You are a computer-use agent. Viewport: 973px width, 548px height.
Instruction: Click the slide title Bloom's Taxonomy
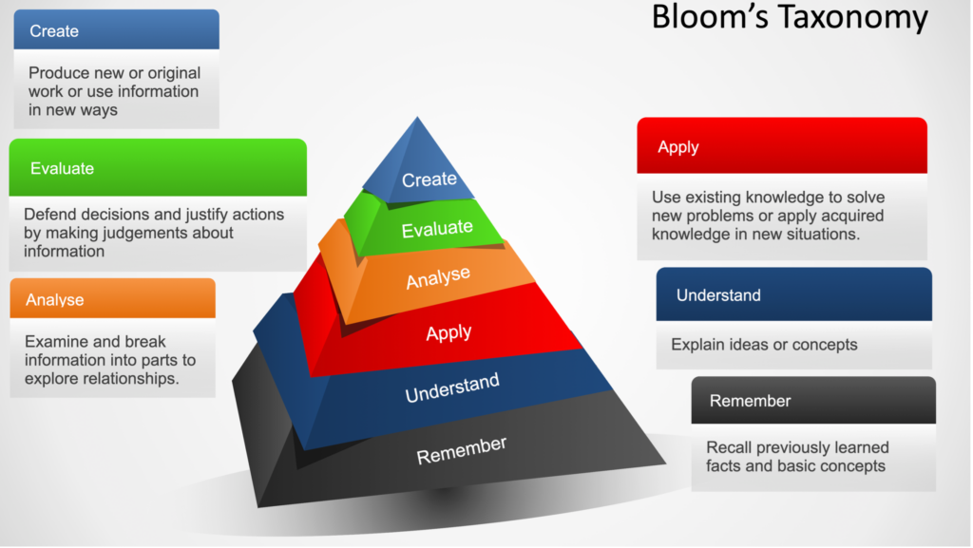[790, 17]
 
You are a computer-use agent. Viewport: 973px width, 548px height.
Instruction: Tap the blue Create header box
[117, 29]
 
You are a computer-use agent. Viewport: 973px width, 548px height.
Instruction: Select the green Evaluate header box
[158, 167]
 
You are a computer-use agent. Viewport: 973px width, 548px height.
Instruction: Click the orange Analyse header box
[112, 298]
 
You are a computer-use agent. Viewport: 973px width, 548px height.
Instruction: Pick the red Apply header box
[782, 145]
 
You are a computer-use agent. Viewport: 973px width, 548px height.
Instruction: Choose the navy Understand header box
[793, 294]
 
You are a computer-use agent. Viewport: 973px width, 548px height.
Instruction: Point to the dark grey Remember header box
[813, 401]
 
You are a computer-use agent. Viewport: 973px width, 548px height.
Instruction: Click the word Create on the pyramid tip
[429, 180]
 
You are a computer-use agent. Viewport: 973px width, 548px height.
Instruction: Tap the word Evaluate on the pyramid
[437, 229]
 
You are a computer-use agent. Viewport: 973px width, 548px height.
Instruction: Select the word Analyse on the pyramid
[438, 277]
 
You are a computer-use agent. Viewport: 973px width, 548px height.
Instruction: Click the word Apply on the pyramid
[448, 333]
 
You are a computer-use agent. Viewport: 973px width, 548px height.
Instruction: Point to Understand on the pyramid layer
[452, 388]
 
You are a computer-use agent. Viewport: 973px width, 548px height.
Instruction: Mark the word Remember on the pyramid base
[461, 451]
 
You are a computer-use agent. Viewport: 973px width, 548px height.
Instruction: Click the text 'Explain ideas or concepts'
[764, 345]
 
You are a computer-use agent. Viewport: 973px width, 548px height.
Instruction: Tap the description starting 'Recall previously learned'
[797, 457]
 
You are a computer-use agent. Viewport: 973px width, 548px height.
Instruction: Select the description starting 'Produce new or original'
[114, 91]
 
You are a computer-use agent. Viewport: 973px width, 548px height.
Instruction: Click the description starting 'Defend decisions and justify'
[154, 233]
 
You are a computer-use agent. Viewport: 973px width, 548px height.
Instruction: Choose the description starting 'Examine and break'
[110, 360]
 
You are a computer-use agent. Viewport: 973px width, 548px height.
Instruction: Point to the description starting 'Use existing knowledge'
[768, 216]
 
